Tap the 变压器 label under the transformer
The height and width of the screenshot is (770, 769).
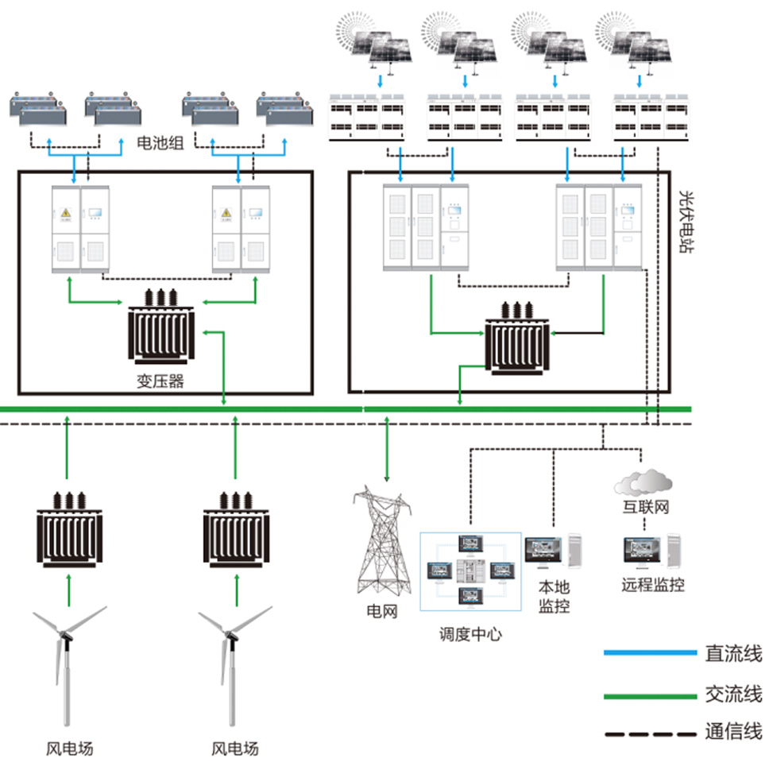pyautogui.click(x=160, y=381)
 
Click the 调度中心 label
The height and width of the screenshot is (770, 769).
pyautogui.click(x=470, y=634)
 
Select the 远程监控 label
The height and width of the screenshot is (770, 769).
pyautogui.click(x=652, y=586)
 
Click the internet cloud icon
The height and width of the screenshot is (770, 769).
pyautogui.click(x=643, y=481)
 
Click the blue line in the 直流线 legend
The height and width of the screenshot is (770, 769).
pyautogui.click(x=647, y=654)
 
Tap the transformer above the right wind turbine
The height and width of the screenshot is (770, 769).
pyautogui.click(x=234, y=528)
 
